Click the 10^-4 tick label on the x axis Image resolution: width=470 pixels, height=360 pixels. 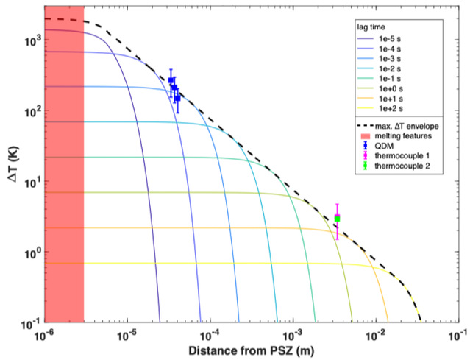[211, 334]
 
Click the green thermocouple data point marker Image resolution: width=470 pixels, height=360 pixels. [337, 218]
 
